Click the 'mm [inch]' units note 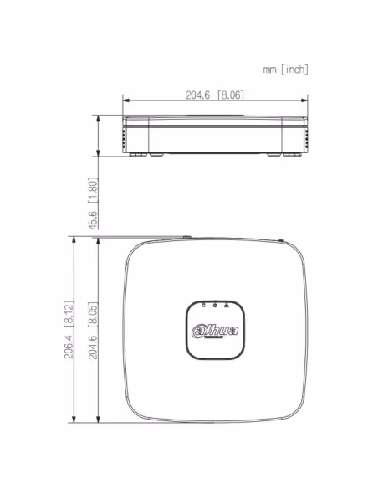click(x=285, y=69)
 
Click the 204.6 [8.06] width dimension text click(x=215, y=95)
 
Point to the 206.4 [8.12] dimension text click(x=69, y=330)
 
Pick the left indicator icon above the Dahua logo click(x=203, y=306)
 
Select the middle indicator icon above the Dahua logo click(x=215, y=306)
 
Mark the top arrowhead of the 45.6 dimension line click(x=100, y=119)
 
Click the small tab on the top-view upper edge click(x=187, y=238)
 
